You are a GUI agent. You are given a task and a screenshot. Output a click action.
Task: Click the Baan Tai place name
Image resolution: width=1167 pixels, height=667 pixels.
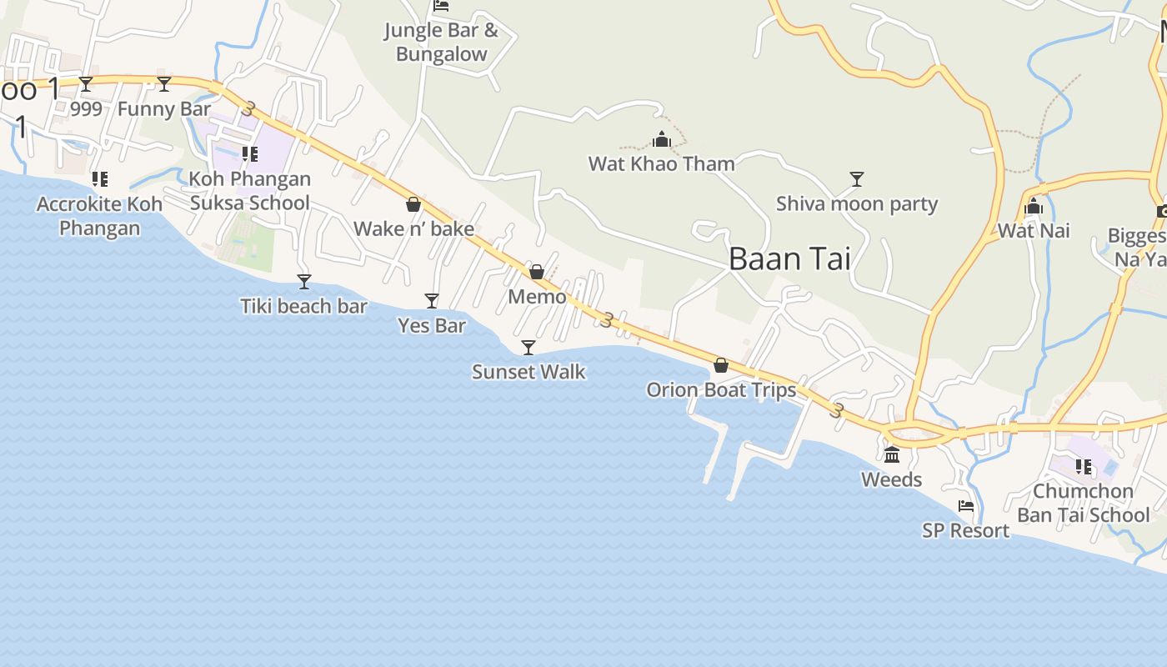coord(789,259)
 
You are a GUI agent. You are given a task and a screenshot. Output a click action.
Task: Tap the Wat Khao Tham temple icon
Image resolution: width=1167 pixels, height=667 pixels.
coord(662,139)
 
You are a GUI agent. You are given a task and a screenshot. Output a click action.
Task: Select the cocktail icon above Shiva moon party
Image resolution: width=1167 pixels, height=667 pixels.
coord(856,178)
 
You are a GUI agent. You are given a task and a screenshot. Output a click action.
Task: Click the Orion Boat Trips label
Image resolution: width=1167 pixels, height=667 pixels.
coord(721,389)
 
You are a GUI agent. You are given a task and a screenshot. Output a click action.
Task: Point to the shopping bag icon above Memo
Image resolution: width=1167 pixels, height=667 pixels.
coord(537,272)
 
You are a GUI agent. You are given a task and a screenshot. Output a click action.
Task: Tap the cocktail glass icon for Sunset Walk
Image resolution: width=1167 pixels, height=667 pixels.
coord(528,347)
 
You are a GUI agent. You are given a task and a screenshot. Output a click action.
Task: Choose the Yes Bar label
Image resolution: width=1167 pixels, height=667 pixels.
coord(432,325)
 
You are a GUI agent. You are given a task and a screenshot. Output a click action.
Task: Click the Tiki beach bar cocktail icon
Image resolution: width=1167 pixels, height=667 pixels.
coord(304,282)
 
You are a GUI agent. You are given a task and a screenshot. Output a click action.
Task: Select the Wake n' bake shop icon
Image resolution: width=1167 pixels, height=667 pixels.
coord(413,204)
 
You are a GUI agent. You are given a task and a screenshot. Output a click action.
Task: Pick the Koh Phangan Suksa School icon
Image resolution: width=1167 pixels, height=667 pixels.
coord(249,154)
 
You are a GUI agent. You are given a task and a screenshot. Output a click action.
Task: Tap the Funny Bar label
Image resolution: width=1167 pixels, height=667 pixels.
coord(164,109)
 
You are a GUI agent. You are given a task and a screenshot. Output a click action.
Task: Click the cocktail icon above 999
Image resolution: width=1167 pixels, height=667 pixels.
coord(86,84)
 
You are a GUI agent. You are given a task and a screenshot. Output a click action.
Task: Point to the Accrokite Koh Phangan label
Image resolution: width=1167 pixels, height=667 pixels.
coord(99,216)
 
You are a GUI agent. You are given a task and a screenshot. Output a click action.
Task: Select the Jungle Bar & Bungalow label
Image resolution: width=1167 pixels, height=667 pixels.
coord(441,43)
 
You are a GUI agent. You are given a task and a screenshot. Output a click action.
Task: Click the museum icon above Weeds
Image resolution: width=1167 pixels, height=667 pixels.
coord(892,454)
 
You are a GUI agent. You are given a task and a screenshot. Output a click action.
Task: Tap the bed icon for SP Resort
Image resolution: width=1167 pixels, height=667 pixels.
coord(966,506)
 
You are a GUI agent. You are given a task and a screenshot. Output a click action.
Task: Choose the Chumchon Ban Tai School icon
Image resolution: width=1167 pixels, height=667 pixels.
coord(1083,467)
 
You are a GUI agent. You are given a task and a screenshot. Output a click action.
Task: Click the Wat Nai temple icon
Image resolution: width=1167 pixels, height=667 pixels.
coord(1034,207)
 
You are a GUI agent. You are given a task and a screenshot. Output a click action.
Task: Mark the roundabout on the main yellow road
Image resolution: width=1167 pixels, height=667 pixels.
coord(914,434)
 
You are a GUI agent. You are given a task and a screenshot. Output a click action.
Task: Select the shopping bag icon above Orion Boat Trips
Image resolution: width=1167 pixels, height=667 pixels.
coord(721,365)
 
